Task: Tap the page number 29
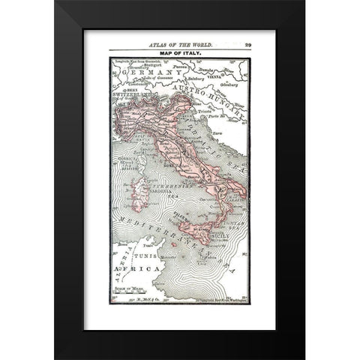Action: [x=247, y=44]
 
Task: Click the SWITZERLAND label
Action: [x=132, y=94]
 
